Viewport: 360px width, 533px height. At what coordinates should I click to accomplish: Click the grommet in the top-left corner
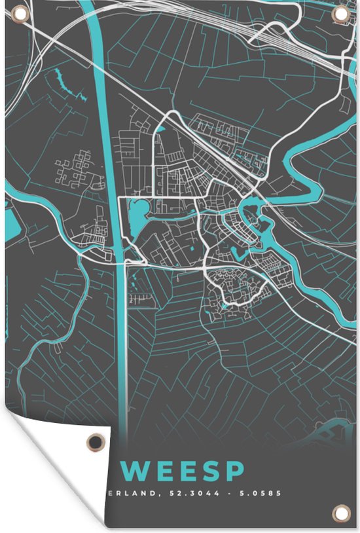point(18,13)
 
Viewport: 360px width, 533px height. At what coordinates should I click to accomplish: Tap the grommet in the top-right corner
point(340,14)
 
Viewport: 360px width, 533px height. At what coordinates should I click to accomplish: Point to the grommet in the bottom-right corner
point(340,512)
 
